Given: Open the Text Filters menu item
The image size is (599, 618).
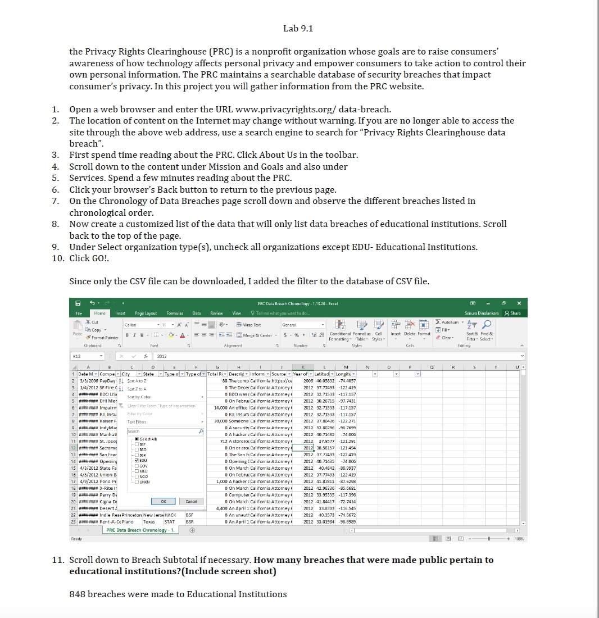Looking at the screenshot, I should pos(137,421).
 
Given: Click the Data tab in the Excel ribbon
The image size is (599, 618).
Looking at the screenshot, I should pos(197,313).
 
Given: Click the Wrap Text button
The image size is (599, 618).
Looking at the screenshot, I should pos(249,325).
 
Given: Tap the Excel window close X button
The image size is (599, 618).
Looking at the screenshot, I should pos(519,303).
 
